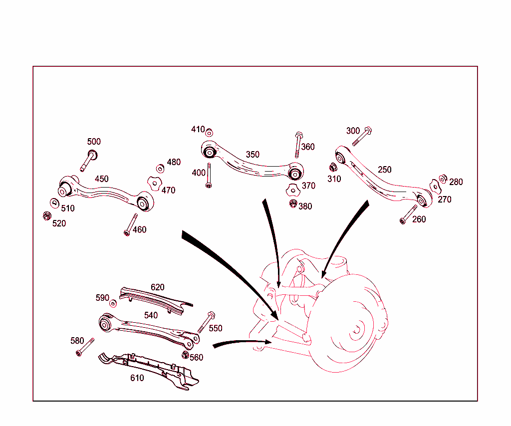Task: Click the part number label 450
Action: tap(102, 179)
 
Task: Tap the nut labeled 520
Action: tap(46, 216)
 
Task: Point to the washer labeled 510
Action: tap(54, 203)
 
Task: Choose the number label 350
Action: tap(253, 155)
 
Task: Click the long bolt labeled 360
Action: tap(297, 145)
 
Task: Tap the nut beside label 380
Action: tap(293, 204)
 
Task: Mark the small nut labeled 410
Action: tap(210, 132)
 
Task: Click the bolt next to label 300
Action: tap(362, 136)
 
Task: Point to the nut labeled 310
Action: tap(333, 167)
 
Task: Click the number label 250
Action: tap(384, 170)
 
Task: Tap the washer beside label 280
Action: tap(443, 179)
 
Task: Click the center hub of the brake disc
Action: tap(358, 329)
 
